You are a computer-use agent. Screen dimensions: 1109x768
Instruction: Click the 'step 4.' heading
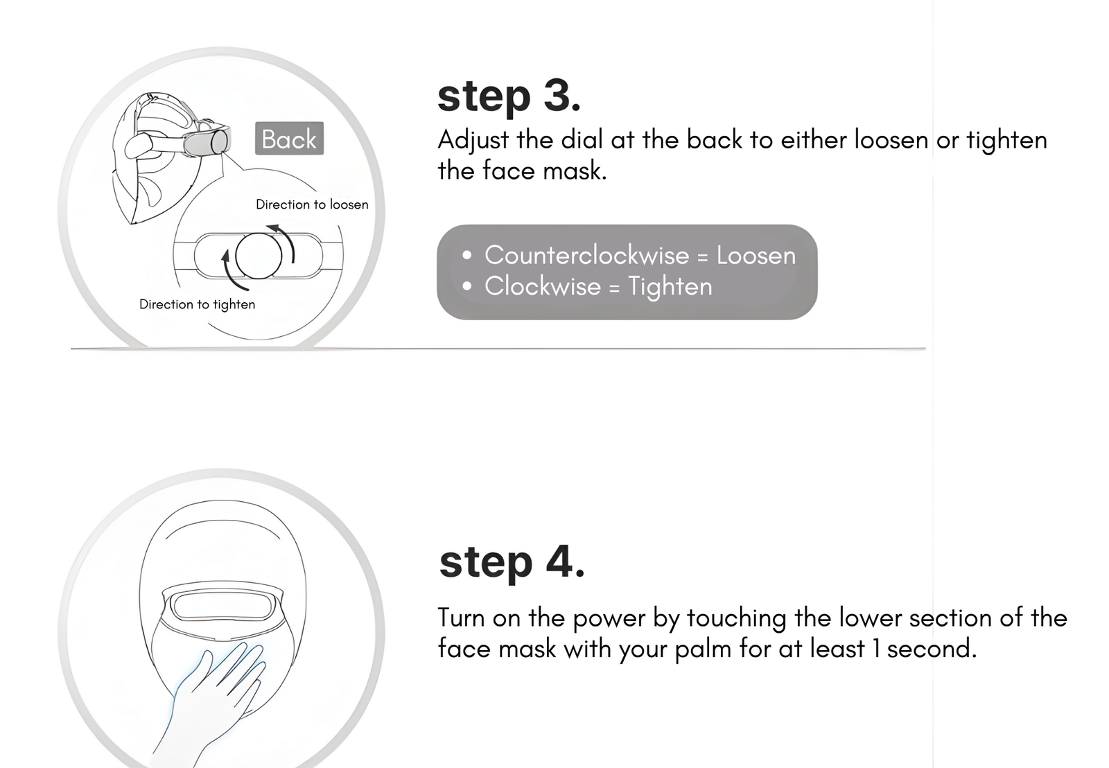[x=512, y=563]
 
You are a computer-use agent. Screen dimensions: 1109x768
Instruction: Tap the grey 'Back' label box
[x=289, y=138]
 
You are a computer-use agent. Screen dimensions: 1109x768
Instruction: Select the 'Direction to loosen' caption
[x=312, y=204]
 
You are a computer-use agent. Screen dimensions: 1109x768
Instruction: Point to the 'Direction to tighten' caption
[x=197, y=304]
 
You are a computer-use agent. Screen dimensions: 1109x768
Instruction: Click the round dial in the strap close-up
[x=259, y=256]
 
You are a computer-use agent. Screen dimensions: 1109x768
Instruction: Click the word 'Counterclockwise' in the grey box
[x=586, y=256]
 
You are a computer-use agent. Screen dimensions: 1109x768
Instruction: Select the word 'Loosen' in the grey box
[x=756, y=256]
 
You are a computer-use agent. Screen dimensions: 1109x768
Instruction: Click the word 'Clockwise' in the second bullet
[x=542, y=286]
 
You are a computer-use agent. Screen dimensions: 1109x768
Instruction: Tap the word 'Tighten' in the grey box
[x=670, y=287]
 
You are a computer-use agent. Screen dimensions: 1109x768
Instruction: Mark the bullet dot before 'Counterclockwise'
[x=466, y=256]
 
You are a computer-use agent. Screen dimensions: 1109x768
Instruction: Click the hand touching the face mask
[x=213, y=703]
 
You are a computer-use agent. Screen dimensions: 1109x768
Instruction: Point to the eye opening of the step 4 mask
[x=222, y=606]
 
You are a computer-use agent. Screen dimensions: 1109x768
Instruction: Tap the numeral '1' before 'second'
[x=876, y=649]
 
